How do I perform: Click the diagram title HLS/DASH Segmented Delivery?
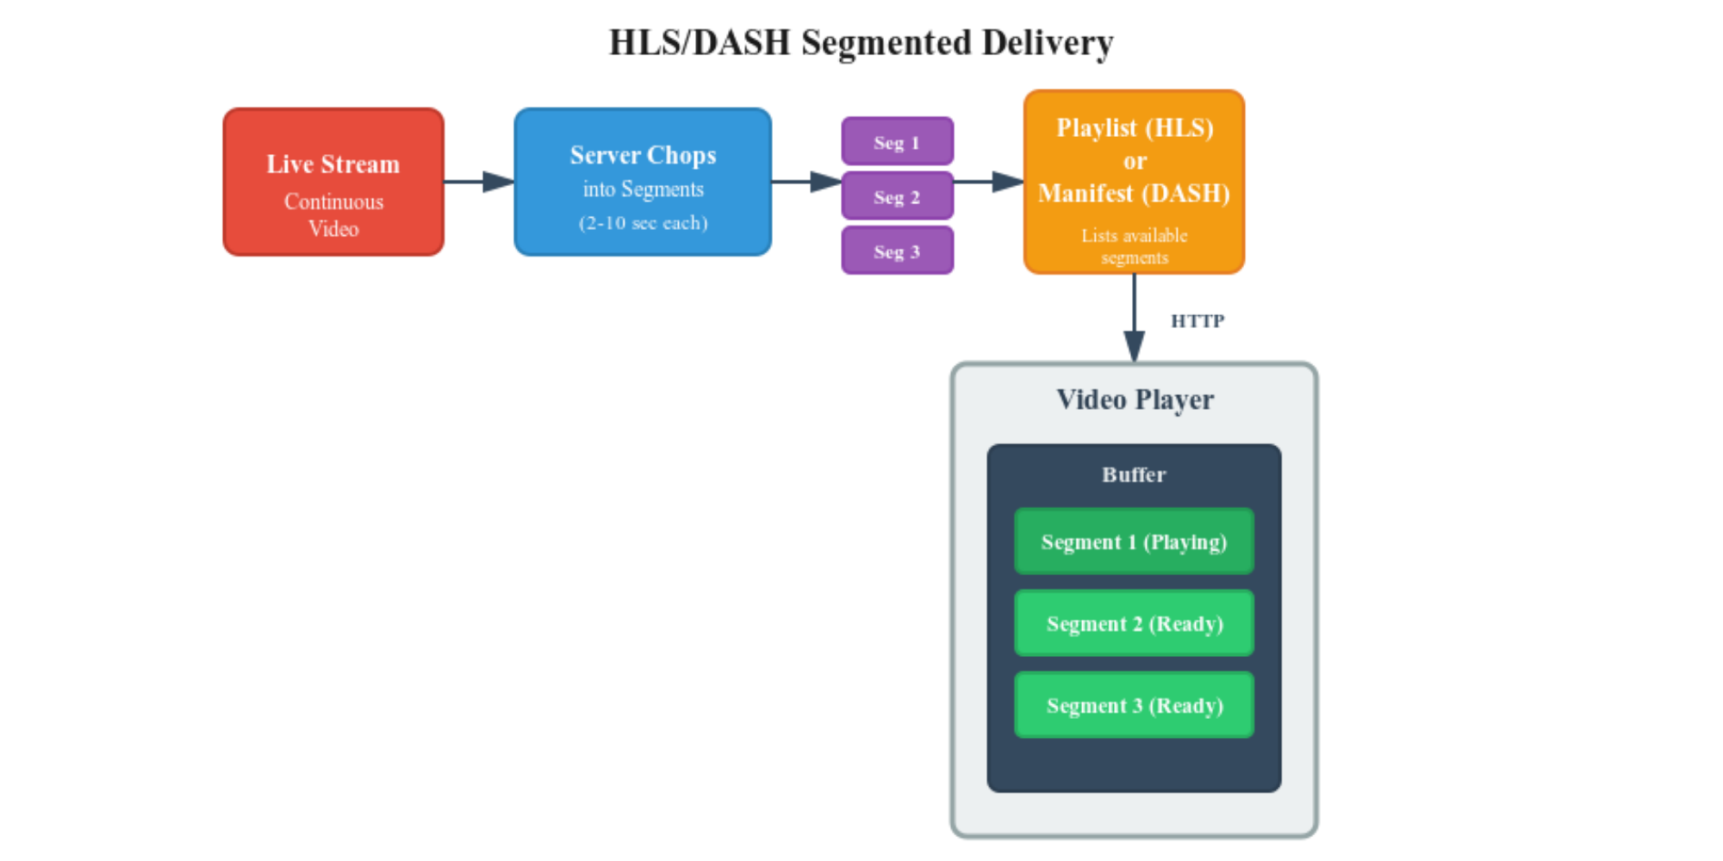point(861,43)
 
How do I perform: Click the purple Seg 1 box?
point(897,142)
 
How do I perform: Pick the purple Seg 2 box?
point(897,196)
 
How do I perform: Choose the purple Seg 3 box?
point(897,251)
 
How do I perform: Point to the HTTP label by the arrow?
point(1197,321)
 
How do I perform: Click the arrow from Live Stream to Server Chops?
point(479,182)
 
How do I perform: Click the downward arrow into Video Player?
point(1134,319)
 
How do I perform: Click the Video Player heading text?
point(1135,400)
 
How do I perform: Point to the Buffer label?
point(1134,474)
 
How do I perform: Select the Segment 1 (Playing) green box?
point(1134,542)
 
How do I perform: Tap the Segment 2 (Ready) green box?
point(1134,623)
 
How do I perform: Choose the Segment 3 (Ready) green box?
point(1134,705)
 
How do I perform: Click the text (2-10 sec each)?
point(643,223)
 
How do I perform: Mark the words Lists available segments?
point(1134,246)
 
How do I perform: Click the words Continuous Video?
point(333,215)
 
